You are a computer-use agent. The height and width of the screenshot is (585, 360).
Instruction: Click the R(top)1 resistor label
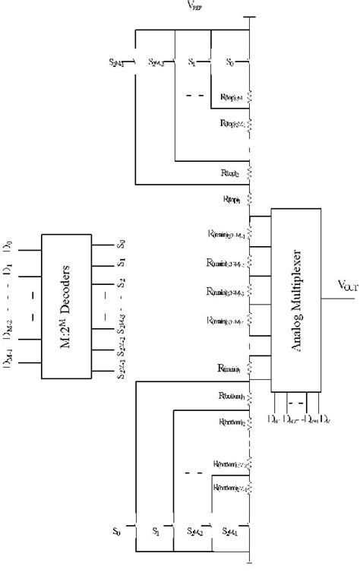232,200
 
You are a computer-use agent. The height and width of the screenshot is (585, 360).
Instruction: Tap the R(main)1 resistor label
229,368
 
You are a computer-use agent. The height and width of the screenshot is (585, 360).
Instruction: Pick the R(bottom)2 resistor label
230,421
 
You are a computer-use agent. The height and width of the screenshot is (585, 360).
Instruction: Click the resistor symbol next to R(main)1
250,369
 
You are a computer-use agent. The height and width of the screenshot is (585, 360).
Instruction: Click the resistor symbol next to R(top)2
250,173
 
